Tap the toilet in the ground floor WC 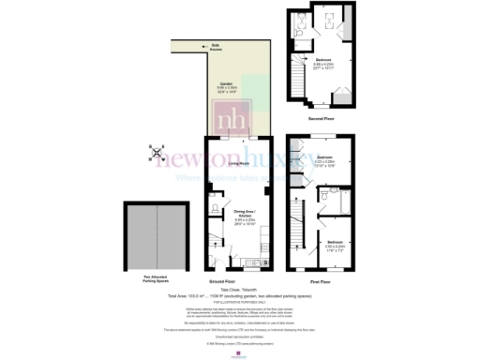point(215,208)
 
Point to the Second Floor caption point(321,119)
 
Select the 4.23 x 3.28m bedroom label point(325,160)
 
